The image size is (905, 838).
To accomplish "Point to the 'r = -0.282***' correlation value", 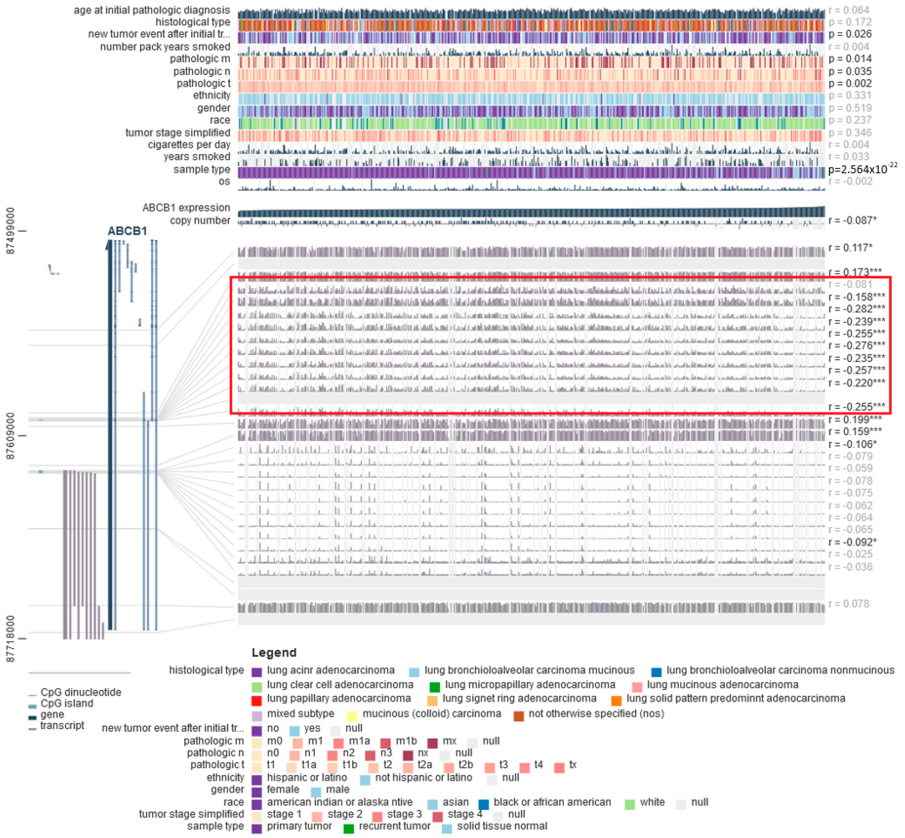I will [x=856, y=309].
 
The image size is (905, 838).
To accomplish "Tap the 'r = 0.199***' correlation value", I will [x=855, y=420].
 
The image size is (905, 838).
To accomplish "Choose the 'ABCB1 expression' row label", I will [x=186, y=208].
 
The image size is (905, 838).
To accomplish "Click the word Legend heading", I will [x=274, y=653].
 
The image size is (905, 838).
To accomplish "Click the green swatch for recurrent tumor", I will [x=348, y=828].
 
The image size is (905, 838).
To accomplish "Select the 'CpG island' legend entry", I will [x=67, y=703].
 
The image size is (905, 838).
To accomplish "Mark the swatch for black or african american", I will [x=484, y=804].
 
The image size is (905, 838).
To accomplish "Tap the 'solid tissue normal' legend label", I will [x=502, y=826].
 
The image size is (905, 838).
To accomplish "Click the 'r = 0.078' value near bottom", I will [x=848, y=604].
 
